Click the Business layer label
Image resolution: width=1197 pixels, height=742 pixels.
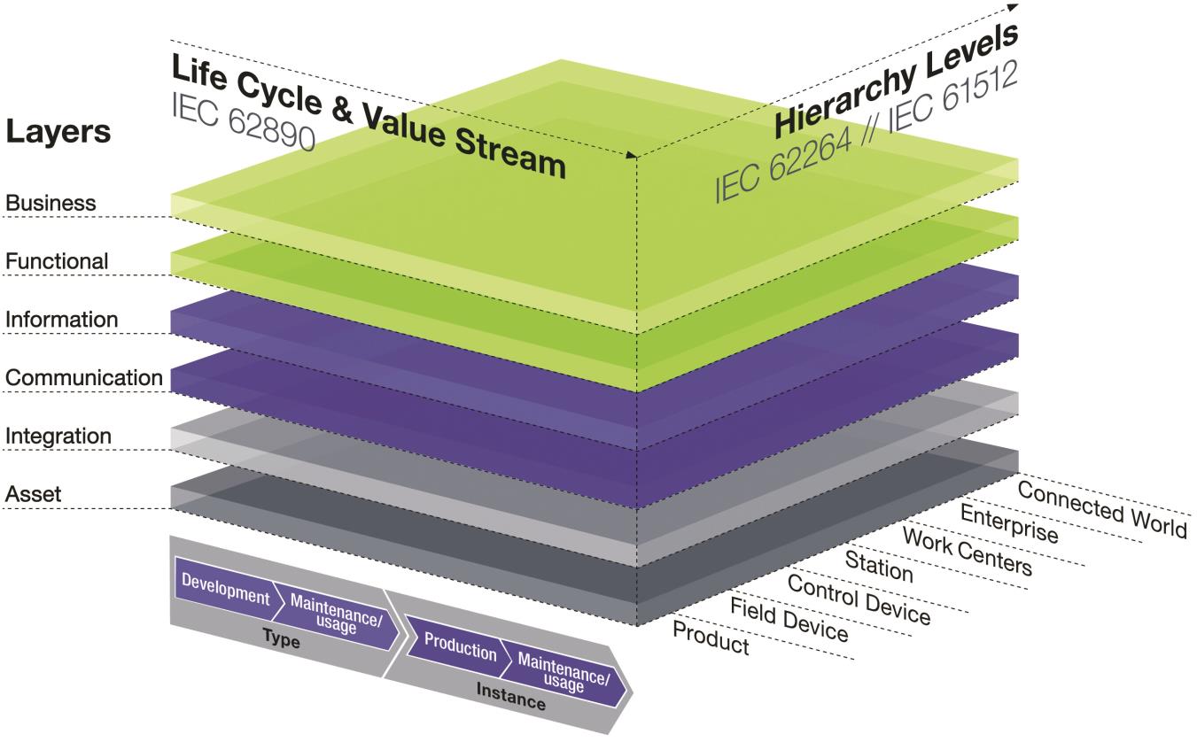51,203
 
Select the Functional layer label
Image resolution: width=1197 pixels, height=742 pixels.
57,261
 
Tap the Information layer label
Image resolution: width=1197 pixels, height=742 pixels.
61,320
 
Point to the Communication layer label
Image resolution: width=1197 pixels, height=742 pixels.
84,378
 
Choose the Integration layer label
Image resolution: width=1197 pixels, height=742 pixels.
58,437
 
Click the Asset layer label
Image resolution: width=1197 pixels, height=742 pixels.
33,494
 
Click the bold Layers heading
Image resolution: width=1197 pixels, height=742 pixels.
58,131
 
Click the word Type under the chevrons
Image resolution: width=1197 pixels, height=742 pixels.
281,638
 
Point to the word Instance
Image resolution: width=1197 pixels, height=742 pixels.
511,696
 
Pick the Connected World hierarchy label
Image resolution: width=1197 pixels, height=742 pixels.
1102,508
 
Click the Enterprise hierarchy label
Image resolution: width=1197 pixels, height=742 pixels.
1009,523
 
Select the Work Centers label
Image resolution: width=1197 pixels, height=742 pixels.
968,551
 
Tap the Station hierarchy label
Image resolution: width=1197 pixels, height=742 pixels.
879,567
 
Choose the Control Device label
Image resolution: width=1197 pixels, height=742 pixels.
859,599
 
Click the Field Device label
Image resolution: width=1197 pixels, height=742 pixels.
789,620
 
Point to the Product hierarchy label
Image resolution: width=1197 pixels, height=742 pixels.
711,638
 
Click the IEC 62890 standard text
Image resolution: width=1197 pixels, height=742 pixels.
244,122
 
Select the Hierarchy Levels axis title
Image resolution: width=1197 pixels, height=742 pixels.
896,80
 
